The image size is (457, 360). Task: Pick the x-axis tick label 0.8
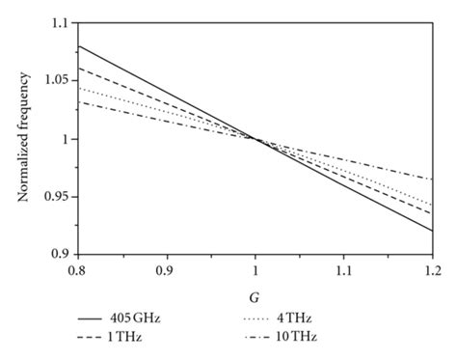[x=77, y=267]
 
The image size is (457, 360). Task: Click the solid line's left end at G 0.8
[x=78, y=46]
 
